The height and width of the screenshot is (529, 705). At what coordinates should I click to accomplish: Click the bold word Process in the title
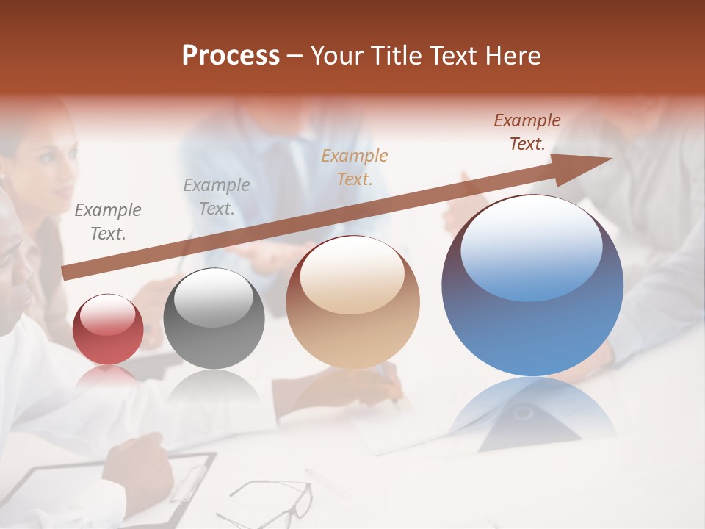[231, 56]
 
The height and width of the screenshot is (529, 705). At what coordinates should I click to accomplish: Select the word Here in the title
[512, 56]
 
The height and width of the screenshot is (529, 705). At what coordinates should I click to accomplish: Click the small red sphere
[108, 329]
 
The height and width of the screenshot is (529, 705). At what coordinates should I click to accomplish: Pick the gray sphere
[214, 319]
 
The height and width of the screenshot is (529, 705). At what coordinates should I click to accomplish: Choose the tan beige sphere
[352, 302]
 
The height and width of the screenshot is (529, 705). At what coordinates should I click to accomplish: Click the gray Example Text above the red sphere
[108, 222]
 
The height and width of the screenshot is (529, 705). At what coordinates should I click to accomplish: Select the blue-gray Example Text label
[217, 197]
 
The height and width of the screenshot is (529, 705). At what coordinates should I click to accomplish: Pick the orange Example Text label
[355, 167]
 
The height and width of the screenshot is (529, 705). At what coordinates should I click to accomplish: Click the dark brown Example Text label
[527, 132]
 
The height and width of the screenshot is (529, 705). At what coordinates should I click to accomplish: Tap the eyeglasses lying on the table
[272, 500]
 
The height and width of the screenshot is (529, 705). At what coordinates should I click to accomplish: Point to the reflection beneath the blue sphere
[532, 411]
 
